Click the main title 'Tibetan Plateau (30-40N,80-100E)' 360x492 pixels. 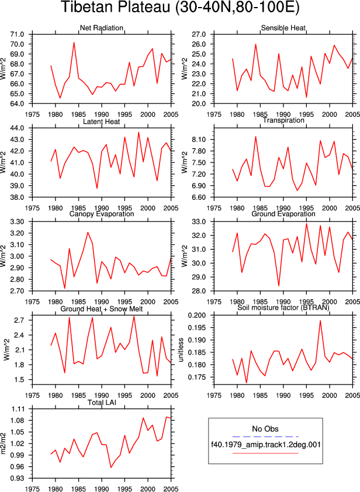180,7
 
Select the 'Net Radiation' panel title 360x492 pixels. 101,28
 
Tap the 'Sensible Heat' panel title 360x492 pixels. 283,28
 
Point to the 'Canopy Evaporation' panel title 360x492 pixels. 101,214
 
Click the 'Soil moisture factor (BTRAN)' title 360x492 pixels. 283,307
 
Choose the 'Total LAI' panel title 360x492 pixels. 101,402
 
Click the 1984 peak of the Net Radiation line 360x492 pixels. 74,42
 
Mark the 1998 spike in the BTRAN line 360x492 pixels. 320,320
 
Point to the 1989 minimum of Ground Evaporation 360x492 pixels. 279,286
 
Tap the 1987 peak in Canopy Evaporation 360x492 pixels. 88,233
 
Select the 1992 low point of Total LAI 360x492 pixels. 111,467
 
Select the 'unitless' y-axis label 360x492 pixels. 181,350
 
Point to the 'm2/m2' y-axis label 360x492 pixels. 4,444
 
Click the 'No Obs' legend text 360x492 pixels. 265,429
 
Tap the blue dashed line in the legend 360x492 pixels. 265,436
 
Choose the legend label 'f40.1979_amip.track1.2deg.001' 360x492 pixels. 265,445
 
